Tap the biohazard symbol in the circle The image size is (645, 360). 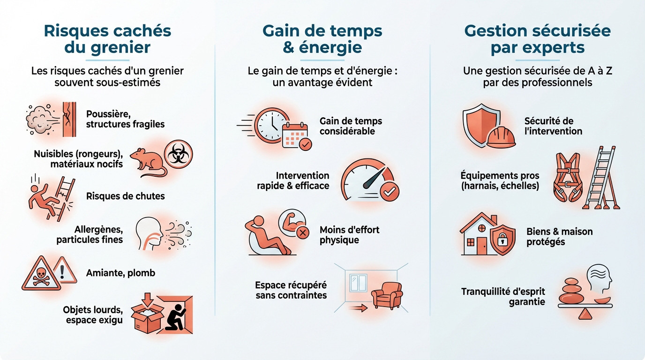click(178, 154)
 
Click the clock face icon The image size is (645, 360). click(270, 124)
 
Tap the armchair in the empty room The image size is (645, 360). click(387, 295)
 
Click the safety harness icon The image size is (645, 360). click(569, 179)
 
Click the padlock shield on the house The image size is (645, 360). click(501, 240)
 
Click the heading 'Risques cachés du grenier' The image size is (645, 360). click(107, 39)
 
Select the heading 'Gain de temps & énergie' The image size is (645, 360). click(322, 39)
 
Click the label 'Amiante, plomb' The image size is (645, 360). click(120, 272)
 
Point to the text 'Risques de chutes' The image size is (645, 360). click(125, 196)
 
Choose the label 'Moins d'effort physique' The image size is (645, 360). click(349, 235)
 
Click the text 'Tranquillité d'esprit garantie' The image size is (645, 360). click(510, 296)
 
